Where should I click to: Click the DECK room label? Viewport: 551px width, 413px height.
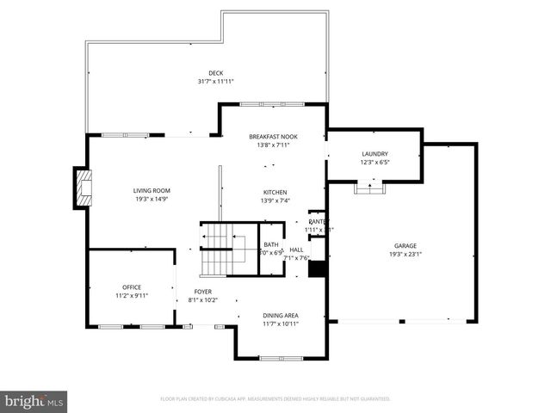click(x=215, y=72)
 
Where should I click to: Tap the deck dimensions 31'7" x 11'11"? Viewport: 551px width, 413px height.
click(x=215, y=82)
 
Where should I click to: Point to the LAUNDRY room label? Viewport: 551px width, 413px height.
click(x=375, y=153)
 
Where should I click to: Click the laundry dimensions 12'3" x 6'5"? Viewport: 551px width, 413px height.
click(x=375, y=162)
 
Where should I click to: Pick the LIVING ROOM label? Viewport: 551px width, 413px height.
click(x=152, y=190)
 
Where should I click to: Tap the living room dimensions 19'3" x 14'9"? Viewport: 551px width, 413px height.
click(x=152, y=199)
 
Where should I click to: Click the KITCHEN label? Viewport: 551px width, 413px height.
click(x=275, y=192)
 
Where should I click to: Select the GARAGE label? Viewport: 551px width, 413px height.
click(x=405, y=245)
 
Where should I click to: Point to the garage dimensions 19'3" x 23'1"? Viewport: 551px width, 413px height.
click(x=405, y=255)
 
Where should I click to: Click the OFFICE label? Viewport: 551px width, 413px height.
click(x=131, y=287)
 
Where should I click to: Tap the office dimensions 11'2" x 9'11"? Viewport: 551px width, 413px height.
click(x=131, y=295)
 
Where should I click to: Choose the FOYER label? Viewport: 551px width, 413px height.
click(x=202, y=292)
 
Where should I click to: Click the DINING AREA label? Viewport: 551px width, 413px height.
click(x=281, y=315)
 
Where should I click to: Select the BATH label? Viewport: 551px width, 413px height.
click(x=271, y=243)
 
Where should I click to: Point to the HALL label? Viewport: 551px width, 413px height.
click(x=297, y=250)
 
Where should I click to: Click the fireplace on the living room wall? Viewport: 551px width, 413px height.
click(x=83, y=188)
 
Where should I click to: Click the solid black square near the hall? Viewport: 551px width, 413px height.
click(x=317, y=268)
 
